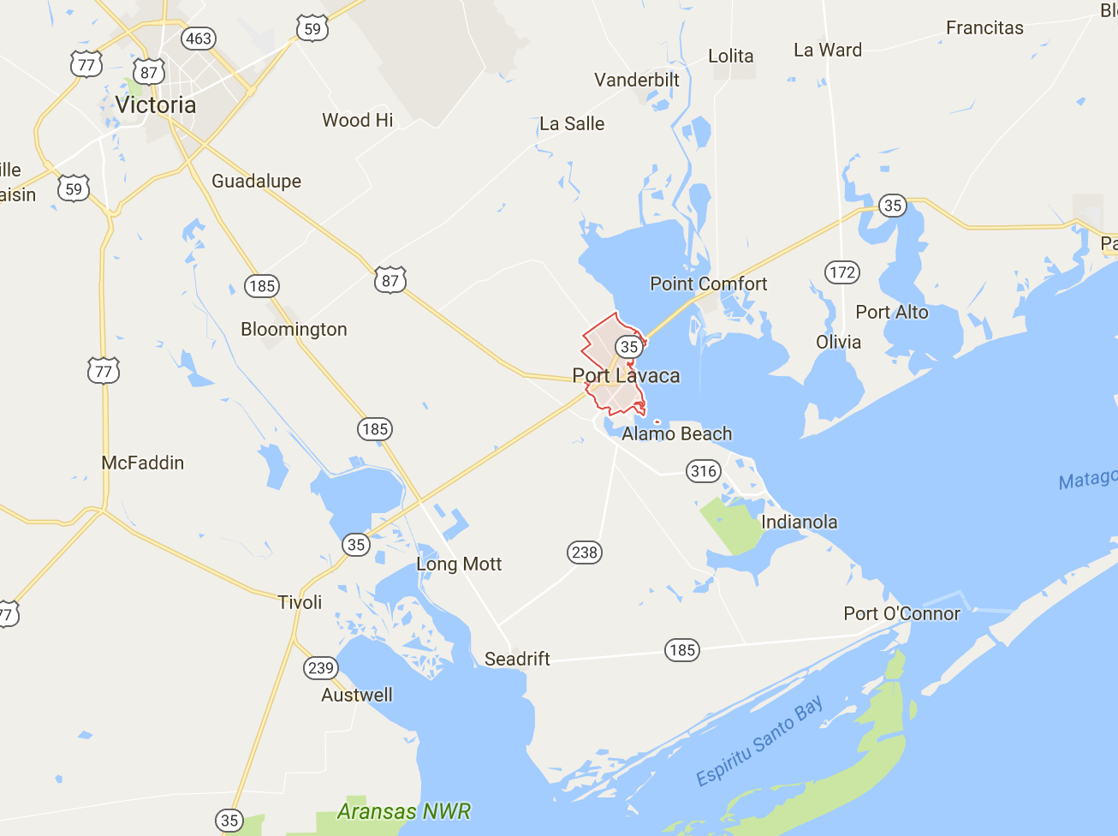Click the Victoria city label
(x=155, y=105)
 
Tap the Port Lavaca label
(x=626, y=376)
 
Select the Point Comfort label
(x=708, y=284)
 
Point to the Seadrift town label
(x=517, y=659)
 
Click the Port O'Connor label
(x=901, y=613)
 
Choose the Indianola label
(x=799, y=522)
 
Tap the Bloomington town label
(x=294, y=330)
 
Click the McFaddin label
(x=143, y=463)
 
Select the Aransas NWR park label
(x=404, y=811)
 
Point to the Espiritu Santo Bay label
(x=759, y=740)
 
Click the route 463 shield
(x=199, y=39)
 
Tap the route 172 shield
(x=842, y=272)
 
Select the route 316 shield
(x=704, y=471)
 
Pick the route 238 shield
(x=585, y=552)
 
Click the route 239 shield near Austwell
(x=321, y=668)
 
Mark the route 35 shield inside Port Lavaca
(x=629, y=347)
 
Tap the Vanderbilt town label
(x=637, y=80)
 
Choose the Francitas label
(x=984, y=28)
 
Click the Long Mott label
(x=459, y=564)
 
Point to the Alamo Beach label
(x=676, y=434)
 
